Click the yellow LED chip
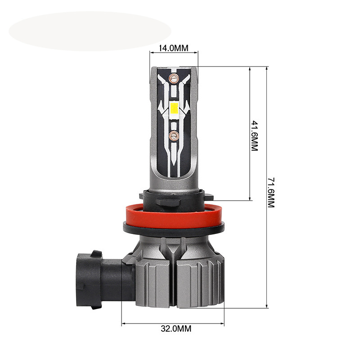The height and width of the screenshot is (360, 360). point(175,108)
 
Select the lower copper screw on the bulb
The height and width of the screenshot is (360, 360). point(173,134)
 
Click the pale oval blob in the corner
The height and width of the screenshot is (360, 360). point(90,31)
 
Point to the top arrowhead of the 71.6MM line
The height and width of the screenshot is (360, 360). point(267,68)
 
